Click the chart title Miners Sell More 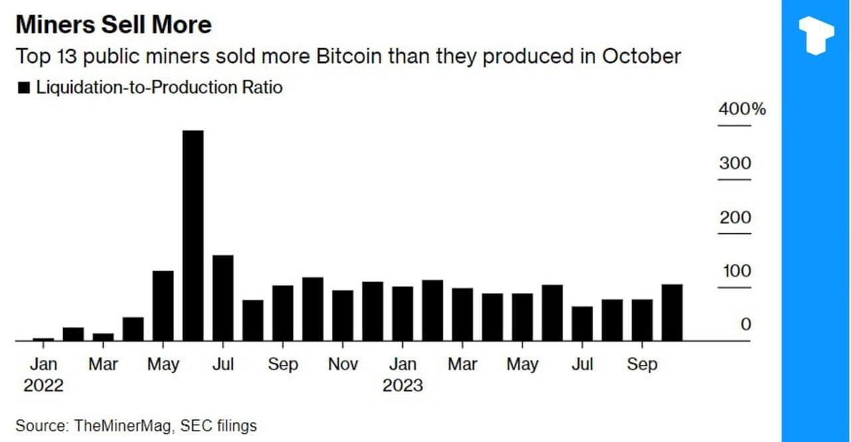113,25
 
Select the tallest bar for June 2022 193,235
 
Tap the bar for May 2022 163,306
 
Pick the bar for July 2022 223,298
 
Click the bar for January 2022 43,339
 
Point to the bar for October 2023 671,312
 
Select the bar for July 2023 582,324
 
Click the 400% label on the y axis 742,109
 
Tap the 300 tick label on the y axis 735,164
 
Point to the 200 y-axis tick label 735,217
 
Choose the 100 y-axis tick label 735,271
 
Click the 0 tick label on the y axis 745,324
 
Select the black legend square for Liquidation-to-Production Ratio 24,88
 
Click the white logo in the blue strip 816,35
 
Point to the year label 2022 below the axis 43,386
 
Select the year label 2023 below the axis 402,386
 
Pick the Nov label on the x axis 342,364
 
